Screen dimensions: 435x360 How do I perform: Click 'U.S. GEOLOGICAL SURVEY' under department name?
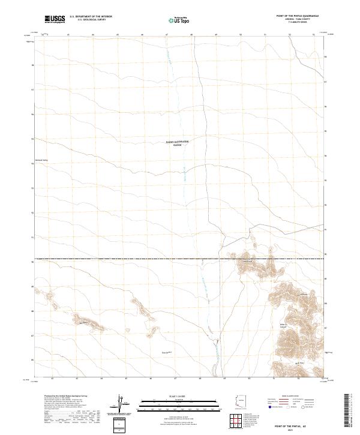(91, 20)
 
